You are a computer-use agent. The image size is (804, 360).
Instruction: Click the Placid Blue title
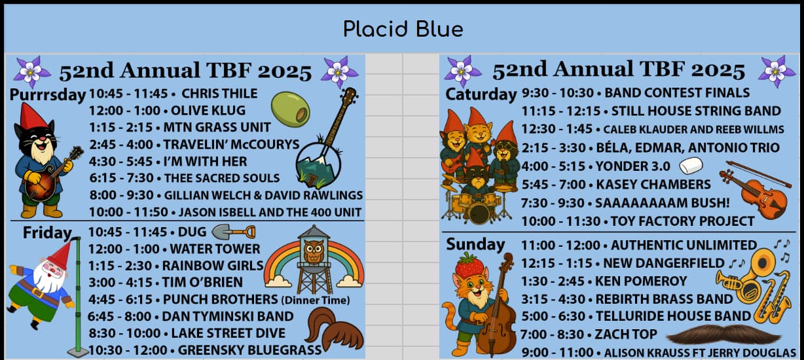(403, 29)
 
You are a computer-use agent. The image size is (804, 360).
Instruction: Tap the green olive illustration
(291, 109)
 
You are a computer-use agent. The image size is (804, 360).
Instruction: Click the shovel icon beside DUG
(234, 232)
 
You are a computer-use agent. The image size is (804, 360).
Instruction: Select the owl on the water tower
(314, 251)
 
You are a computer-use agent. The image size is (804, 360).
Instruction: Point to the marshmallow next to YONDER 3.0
(691, 166)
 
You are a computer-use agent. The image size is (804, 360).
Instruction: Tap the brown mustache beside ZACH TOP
(723, 334)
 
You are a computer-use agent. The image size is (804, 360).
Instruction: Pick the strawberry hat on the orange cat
(469, 265)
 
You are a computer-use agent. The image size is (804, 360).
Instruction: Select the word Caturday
(481, 94)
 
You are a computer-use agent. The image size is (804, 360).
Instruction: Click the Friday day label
(47, 232)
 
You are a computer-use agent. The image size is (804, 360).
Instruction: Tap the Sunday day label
(475, 244)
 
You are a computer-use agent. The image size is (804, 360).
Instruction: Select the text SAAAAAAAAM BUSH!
(663, 203)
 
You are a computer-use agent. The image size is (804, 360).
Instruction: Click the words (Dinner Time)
(316, 300)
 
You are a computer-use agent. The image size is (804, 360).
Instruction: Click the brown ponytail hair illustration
(334, 329)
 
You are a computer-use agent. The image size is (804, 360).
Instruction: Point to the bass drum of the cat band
(479, 213)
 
